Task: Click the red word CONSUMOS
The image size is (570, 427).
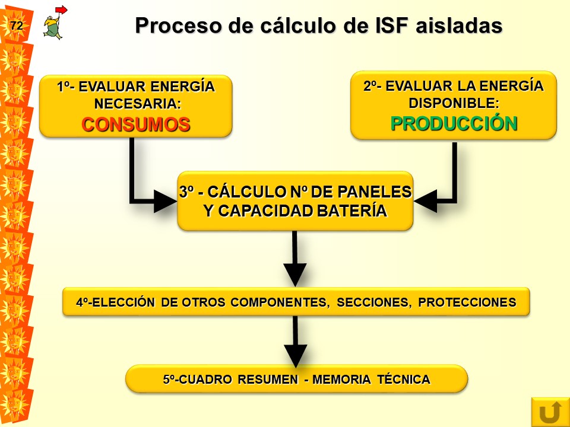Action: (x=136, y=124)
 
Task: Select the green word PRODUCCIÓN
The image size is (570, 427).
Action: (x=454, y=123)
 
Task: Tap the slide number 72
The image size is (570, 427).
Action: (x=17, y=26)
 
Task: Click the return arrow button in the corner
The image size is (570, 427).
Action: (x=550, y=412)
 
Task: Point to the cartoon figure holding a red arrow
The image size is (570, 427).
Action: (x=55, y=23)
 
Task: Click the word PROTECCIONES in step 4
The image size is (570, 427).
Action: (x=467, y=302)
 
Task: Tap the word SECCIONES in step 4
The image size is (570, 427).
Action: (x=374, y=302)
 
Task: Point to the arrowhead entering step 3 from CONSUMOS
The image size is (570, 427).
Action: (x=166, y=201)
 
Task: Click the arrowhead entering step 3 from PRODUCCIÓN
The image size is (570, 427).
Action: (x=425, y=201)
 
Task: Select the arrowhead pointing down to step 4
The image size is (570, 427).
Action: (x=295, y=275)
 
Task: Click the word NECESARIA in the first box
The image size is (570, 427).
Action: (x=137, y=104)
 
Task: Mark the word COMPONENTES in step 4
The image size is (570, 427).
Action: (x=280, y=302)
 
